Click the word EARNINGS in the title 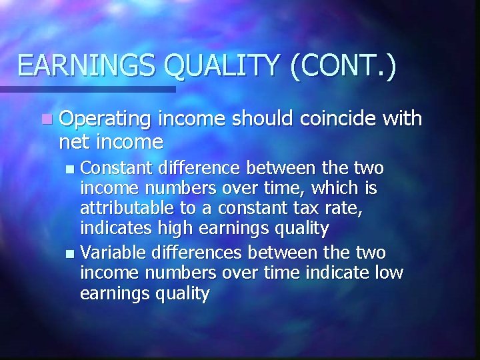pyautogui.click(x=87, y=66)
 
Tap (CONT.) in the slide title pyautogui.click(x=343, y=66)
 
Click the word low pyautogui.click(x=387, y=273)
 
